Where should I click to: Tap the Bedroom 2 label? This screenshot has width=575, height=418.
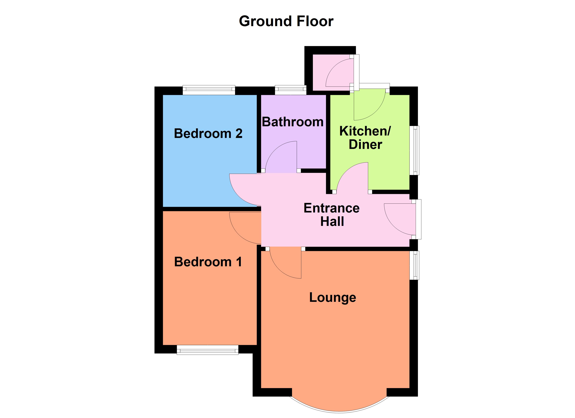[x=208, y=134]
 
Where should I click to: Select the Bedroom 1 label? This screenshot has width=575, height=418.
[x=208, y=262]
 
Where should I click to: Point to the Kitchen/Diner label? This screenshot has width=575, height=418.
[x=365, y=138]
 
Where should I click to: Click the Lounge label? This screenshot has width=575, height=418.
[x=333, y=297]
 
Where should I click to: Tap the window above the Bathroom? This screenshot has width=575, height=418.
[x=291, y=90]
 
